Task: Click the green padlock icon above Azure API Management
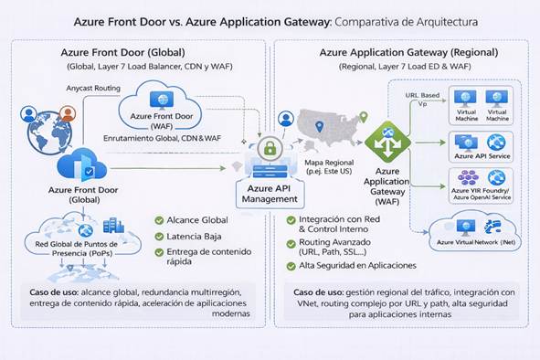pos(269,147)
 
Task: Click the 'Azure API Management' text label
pos(269,193)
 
